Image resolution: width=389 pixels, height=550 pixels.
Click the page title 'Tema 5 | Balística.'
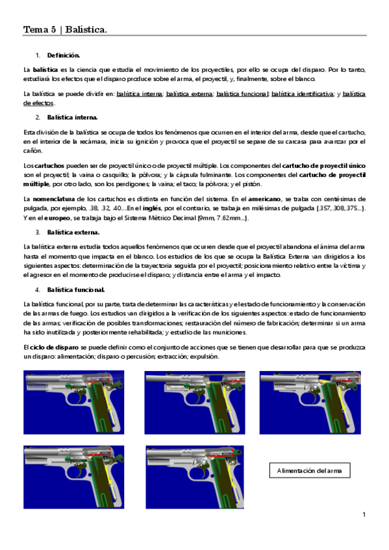tap(65, 30)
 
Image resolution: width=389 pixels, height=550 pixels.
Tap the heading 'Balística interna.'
tap(73, 117)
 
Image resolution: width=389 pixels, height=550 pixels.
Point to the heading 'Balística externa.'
tap(73, 232)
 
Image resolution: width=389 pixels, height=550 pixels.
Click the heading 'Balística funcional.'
tap(76, 289)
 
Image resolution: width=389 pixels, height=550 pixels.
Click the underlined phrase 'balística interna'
tap(139, 94)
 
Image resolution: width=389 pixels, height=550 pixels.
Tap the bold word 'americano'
tap(266, 198)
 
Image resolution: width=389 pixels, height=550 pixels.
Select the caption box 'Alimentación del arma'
tap(308, 470)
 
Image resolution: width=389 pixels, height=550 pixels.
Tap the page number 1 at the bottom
tap(364, 515)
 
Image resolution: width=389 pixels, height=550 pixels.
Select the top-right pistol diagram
tap(301, 402)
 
